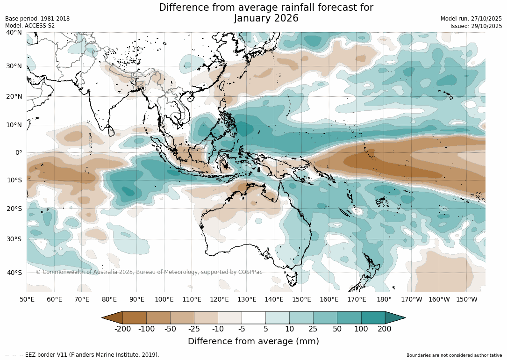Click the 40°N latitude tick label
pyautogui.click(x=14, y=32)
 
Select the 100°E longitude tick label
pyautogui.click(x=164, y=299)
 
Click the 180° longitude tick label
pyautogui.click(x=384, y=299)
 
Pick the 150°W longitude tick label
pyautogui.click(x=466, y=299)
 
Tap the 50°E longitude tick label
pyautogui.click(x=27, y=299)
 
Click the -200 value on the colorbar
pyautogui.click(x=123, y=329)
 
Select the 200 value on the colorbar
pyautogui.click(x=385, y=329)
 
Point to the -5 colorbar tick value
pyautogui.click(x=242, y=329)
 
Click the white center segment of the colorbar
pyautogui.click(x=254, y=317)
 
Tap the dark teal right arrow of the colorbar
pyautogui.click(x=394, y=317)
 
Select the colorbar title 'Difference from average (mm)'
pyautogui.click(x=253, y=341)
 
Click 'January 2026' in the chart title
pyautogui.click(x=266, y=18)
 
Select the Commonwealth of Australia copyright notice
pyautogui.click(x=149, y=272)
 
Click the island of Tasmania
pyautogui.click(x=292, y=280)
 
